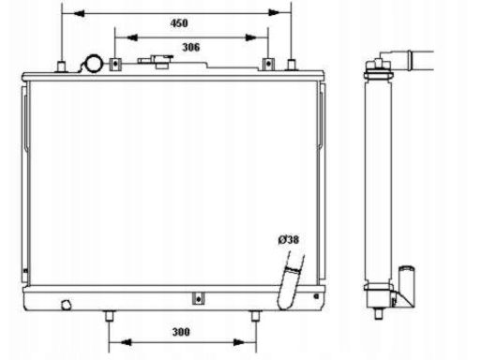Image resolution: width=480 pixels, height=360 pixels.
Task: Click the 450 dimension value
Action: tap(179, 23)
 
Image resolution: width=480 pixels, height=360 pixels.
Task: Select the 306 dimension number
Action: tap(191, 47)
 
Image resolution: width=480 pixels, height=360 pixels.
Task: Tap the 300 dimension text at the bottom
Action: tap(181, 332)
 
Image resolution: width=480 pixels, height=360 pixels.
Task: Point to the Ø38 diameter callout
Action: tap(288, 240)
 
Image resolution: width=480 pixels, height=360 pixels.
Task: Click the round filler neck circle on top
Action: tap(94, 64)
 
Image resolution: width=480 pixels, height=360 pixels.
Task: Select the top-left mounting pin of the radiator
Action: tap(61, 67)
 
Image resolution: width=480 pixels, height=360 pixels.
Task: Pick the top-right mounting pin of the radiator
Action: tap(292, 65)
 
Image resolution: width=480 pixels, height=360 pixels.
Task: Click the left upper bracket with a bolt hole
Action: tap(115, 64)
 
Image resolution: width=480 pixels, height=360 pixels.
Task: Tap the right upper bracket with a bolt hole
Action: tap(268, 64)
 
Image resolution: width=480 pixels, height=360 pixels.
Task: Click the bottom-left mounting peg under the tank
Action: tap(109, 316)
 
